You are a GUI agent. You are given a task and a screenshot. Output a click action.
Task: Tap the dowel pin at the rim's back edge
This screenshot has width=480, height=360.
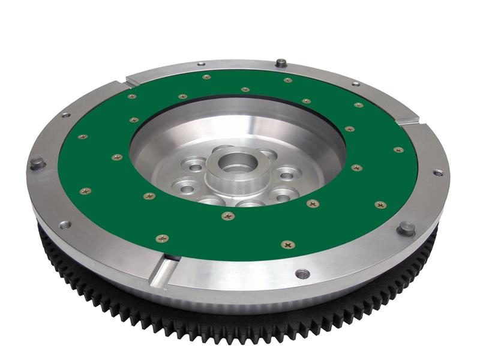[x=280, y=62]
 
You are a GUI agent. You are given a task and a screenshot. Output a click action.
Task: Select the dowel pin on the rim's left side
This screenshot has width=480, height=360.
[x=37, y=163]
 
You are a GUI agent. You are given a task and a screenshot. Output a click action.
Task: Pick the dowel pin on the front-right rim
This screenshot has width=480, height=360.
[x=406, y=228]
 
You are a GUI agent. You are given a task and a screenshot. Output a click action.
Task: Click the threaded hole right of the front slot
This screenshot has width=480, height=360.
[x=302, y=274]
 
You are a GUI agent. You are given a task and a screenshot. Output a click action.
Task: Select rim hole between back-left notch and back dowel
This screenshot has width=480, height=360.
[x=200, y=64]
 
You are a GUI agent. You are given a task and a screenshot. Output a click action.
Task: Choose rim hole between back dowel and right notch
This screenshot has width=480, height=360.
[x=356, y=83]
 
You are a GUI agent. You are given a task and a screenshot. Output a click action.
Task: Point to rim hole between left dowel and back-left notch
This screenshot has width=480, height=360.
[x=65, y=115]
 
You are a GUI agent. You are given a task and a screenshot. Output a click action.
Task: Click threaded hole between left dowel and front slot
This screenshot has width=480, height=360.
[x=65, y=225]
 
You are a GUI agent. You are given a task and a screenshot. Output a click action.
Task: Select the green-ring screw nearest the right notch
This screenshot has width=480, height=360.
[x=398, y=149]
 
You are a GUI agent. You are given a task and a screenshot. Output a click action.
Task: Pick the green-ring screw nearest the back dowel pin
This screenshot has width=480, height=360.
[x=287, y=80]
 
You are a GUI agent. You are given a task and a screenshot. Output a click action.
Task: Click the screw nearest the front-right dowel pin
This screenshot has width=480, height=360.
[x=380, y=205]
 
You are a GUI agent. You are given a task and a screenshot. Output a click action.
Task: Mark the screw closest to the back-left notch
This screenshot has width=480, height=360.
[x=131, y=96]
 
